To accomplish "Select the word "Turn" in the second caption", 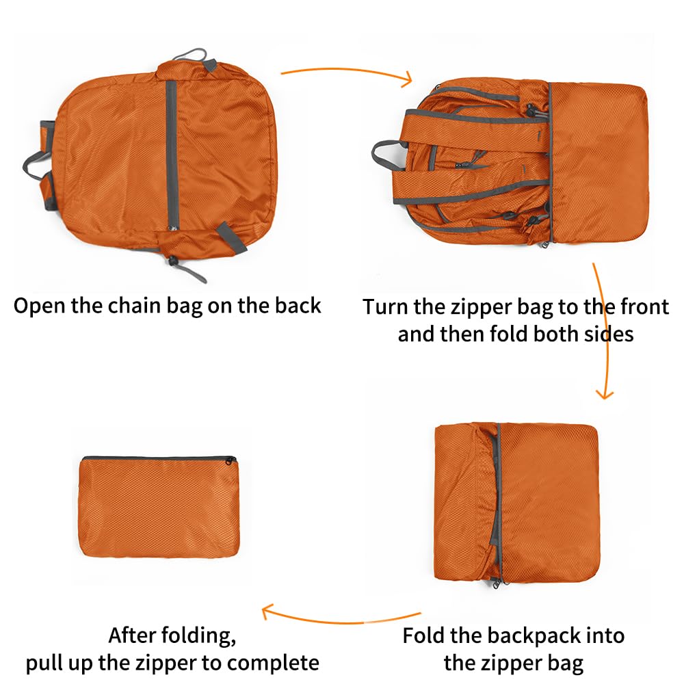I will click(385, 307).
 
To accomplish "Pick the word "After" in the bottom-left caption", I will click(135, 635).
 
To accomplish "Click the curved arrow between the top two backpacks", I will click(347, 74).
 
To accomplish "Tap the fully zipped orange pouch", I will click(158, 507).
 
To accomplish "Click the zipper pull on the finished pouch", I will click(232, 460).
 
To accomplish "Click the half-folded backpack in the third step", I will click(516, 503).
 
